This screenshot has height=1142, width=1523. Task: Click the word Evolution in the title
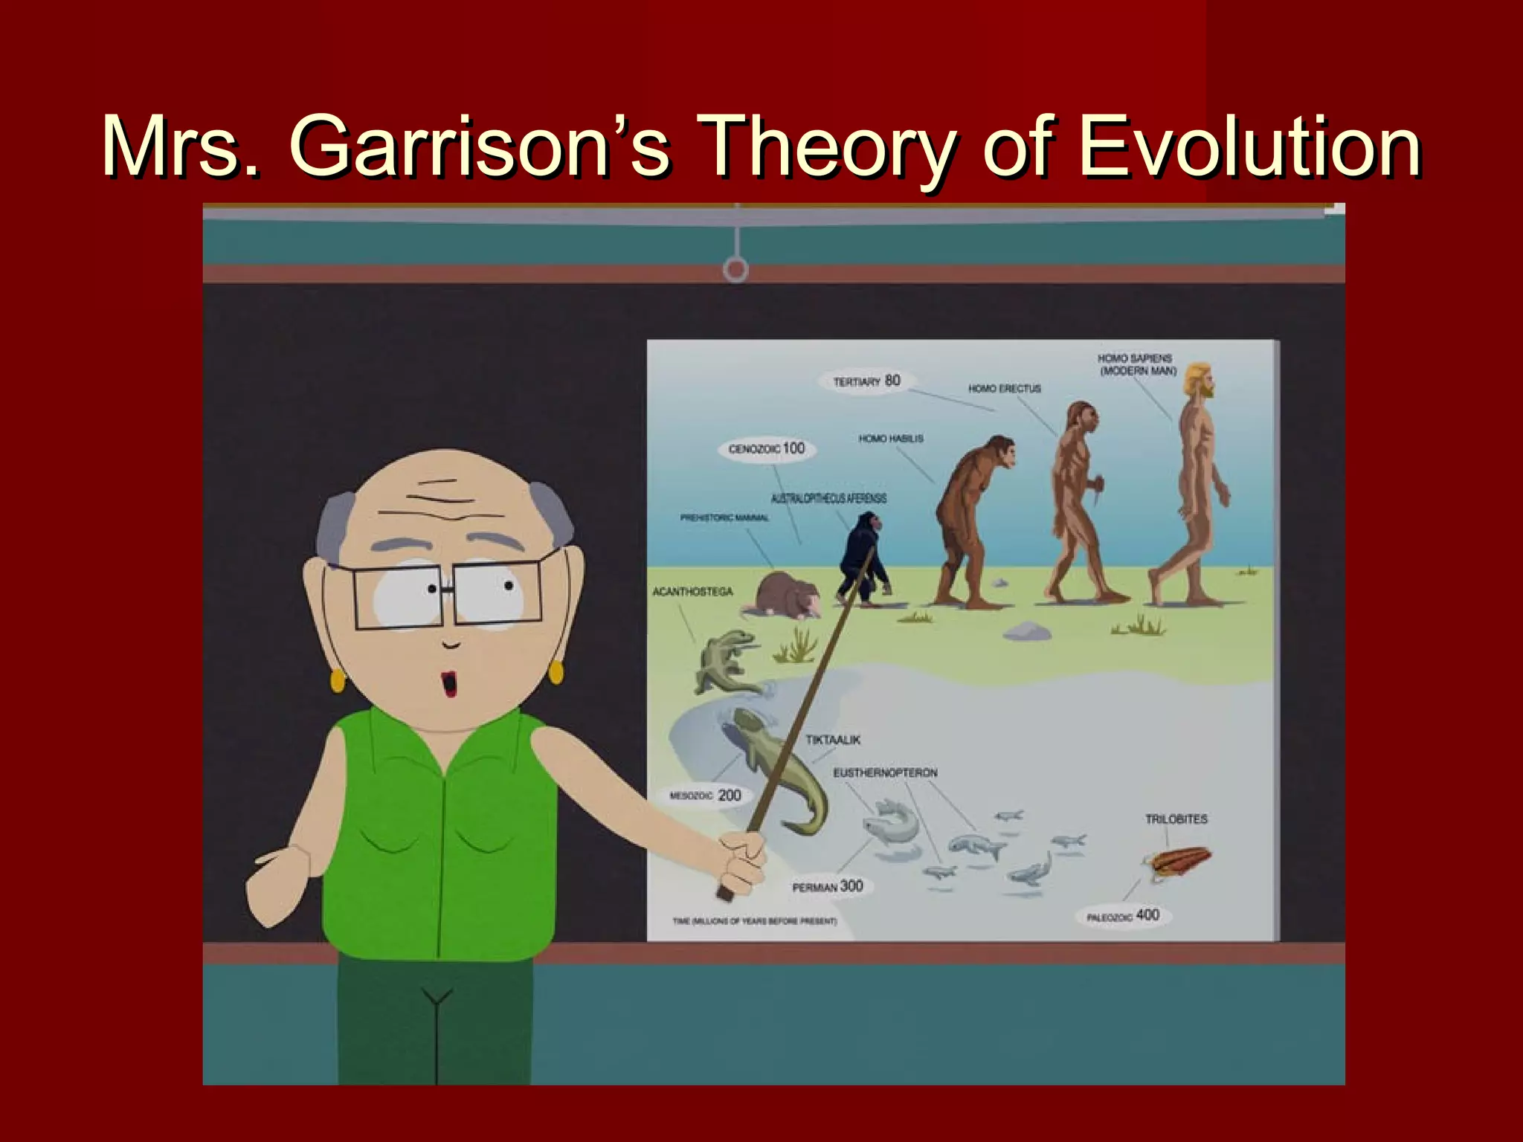pyautogui.click(x=1249, y=146)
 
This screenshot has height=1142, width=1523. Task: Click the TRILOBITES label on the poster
pyautogui.click(x=1176, y=819)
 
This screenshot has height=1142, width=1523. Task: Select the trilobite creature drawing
pyautogui.click(x=1177, y=862)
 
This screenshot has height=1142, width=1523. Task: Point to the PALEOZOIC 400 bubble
pyautogui.click(x=1123, y=915)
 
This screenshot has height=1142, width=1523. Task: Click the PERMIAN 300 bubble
pyautogui.click(x=827, y=886)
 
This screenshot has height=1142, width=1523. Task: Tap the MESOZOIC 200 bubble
pyautogui.click(x=706, y=796)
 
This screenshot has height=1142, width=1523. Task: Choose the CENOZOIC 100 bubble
pyautogui.click(x=767, y=448)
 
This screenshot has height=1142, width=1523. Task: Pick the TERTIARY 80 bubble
pyautogui.click(x=866, y=381)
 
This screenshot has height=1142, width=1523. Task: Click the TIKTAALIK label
pyautogui.click(x=833, y=740)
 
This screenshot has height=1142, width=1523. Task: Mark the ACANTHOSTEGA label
pyautogui.click(x=692, y=592)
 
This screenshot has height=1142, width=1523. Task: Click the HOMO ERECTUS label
pyautogui.click(x=1004, y=389)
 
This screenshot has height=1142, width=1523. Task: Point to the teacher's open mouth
pyautogui.click(x=449, y=683)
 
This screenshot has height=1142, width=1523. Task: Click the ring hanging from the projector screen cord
pyautogui.click(x=735, y=269)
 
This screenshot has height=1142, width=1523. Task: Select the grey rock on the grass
pyautogui.click(x=1026, y=631)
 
